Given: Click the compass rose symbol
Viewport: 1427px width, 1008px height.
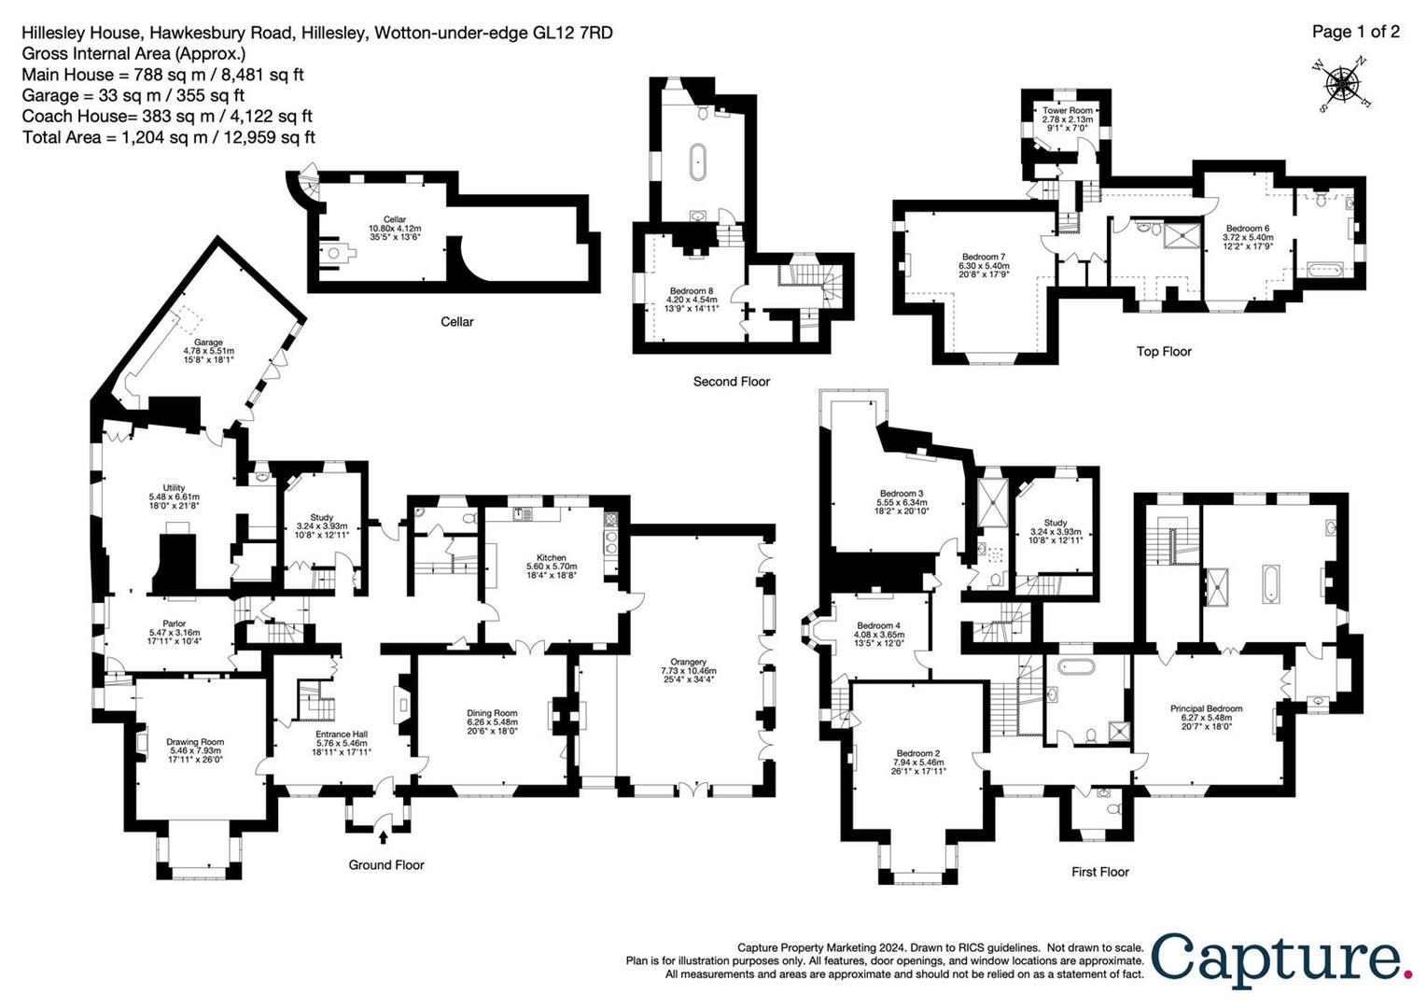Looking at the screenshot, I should [x=1343, y=83].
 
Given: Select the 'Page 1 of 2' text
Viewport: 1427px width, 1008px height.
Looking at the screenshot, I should [x=1355, y=32].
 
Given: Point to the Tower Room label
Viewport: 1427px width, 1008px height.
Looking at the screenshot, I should [x=1067, y=110].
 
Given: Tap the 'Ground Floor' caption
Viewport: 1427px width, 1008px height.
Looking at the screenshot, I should [x=386, y=865].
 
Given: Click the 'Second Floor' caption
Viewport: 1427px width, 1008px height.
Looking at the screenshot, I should [x=731, y=382].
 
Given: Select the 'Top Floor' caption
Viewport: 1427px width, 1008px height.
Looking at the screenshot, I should [x=1164, y=352].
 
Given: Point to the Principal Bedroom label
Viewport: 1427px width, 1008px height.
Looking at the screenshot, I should [x=1206, y=708].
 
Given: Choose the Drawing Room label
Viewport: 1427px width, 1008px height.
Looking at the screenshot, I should [x=195, y=742].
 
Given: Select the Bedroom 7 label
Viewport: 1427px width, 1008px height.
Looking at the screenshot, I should [x=984, y=257].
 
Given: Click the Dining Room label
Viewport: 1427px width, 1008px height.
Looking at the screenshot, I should [x=492, y=713].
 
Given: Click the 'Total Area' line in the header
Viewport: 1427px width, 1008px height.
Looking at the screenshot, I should [x=168, y=137].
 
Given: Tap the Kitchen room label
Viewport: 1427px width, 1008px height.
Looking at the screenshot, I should [x=552, y=557].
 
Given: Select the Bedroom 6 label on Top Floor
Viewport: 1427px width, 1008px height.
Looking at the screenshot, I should [x=1247, y=229].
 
